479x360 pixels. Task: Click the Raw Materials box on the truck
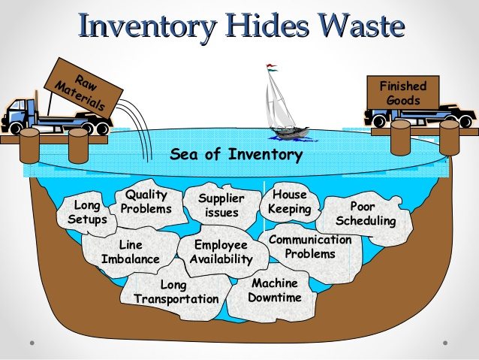click(83, 89)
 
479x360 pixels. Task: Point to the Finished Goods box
click(403, 93)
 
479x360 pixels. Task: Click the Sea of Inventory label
click(236, 154)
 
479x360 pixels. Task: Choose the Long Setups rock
click(86, 213)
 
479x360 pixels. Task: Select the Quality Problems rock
click(148, 203)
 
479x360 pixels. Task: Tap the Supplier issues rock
click(221, 205)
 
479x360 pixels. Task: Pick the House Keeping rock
click(289, 202)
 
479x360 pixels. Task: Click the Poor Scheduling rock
click(365, 216)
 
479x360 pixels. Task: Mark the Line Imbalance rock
click(131, 252)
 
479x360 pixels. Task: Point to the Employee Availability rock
click(221, 252)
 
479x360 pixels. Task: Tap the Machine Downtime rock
click(273, 292)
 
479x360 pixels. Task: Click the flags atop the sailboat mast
click(272, 68)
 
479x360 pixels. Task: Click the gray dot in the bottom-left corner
click(32, 343)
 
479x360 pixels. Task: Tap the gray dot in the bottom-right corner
click(445, 343)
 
